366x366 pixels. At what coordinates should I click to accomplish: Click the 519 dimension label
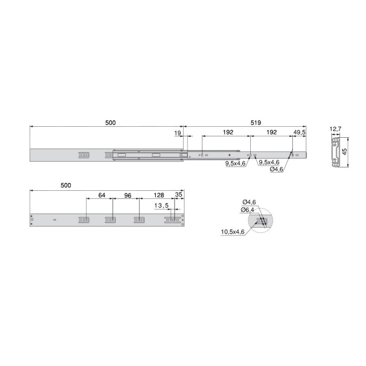[256, 123]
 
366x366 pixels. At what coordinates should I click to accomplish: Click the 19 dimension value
[178, 133]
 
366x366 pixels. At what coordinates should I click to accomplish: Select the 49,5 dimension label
[300, 132]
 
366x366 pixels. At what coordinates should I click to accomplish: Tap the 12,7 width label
[335, 129]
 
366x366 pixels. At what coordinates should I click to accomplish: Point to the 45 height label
[344, 152]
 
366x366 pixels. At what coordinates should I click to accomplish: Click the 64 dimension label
[102, 195]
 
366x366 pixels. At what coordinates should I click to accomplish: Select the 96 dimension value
[128, 195]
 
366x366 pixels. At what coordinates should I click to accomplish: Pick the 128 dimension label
[159, 195]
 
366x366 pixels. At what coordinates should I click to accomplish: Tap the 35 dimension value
[178, 195]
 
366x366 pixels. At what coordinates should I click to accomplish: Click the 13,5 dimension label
[161, 205]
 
